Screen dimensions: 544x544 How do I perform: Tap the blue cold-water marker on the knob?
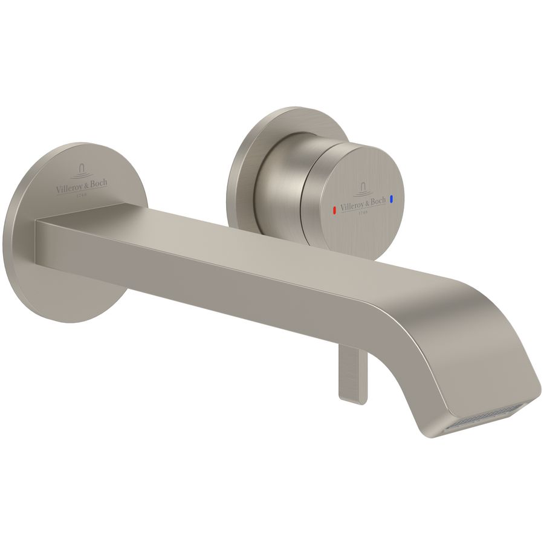click(392, 198)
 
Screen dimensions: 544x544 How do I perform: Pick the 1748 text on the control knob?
click(363, 212)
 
